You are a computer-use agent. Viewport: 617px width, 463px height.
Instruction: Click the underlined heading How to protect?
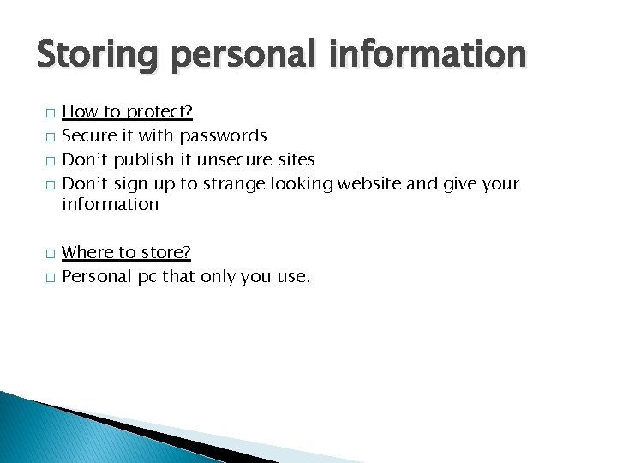pos(128,111)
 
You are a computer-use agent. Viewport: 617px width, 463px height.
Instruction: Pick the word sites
pos(296,159)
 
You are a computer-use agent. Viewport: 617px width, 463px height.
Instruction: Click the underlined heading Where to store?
pos(127,252)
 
